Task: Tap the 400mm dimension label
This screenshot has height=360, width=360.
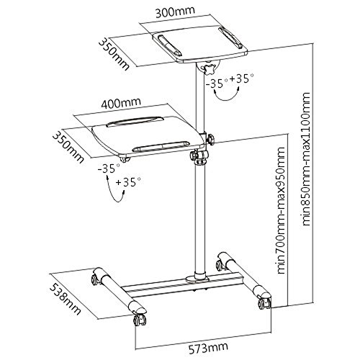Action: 121,102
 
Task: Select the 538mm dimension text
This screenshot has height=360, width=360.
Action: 65,299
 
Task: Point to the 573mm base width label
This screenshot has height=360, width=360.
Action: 208,348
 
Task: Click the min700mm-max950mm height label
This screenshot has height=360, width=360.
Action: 281,210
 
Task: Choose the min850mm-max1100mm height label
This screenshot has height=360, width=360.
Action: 307,158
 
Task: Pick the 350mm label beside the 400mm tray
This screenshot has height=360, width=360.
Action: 68,148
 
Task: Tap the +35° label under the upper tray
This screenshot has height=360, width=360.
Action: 241,78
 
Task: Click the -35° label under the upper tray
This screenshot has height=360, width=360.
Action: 217,84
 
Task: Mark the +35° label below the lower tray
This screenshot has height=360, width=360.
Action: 128,182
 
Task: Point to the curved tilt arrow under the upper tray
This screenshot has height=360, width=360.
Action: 227,99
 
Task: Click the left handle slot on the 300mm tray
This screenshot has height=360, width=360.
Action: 169,45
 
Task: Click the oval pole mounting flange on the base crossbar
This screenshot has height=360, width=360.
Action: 199,279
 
